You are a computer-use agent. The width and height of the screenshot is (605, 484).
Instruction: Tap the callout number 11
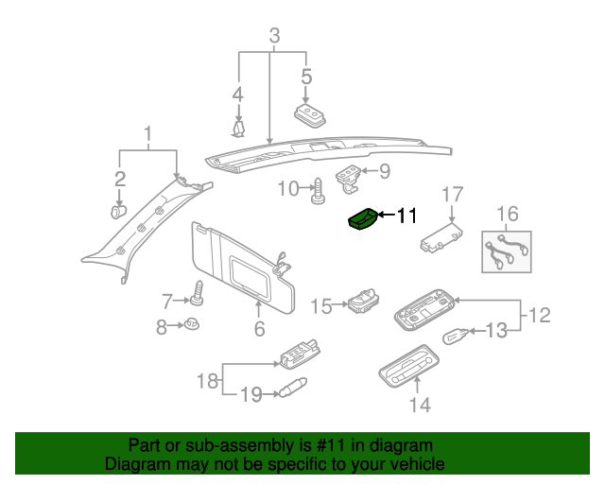tap(406, 216)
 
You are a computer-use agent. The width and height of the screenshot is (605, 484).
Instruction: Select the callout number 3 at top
tap(274, 37)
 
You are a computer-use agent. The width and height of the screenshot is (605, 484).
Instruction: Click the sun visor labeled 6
tap(241, 265)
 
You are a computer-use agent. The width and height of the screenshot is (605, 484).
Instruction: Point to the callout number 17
tap(453, 194)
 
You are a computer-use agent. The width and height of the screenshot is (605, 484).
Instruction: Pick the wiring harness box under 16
tap(506, 251)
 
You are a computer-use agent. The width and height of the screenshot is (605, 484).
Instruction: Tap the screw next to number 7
tap(199, 294)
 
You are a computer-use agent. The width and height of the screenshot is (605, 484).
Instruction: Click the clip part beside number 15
tap(361, 302)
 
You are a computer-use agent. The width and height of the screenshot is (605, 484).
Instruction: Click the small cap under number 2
tap(119, 212)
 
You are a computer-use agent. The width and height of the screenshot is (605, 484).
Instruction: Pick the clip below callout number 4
tap(238, 126)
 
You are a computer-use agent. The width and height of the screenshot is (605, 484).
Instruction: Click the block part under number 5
tap(309, 115)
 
